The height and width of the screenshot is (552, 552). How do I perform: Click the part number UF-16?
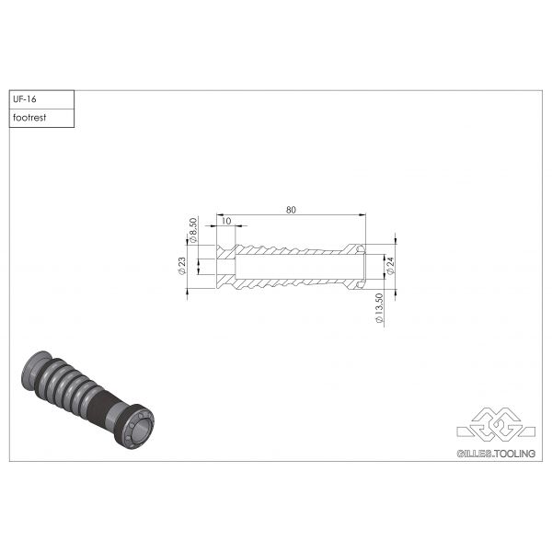click(24, 99)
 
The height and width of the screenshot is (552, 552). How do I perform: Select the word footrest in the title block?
click(30, 118)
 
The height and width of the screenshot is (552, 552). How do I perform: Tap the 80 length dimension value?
click(291, 211)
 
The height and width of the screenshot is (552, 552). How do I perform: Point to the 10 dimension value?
click(225, 222)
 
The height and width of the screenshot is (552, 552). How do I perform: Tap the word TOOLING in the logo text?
click(514, 454)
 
